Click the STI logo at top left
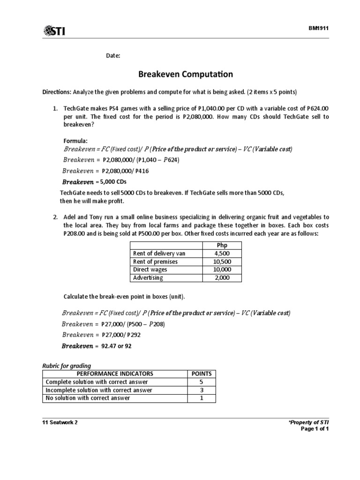tap(54, 31)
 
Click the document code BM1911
tap(318, 28)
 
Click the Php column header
tap(222, 245)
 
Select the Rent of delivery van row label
tap(159, 253)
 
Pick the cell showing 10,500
tap(222, 262)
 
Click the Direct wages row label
tap(150, 270)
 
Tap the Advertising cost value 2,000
tap(222, 277)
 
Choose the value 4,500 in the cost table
tap(222, 253)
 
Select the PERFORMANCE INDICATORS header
tap(115, 374)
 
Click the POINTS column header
tap(202, 374)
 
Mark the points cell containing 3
tap(202, 390)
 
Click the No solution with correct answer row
tap(88, 398)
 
